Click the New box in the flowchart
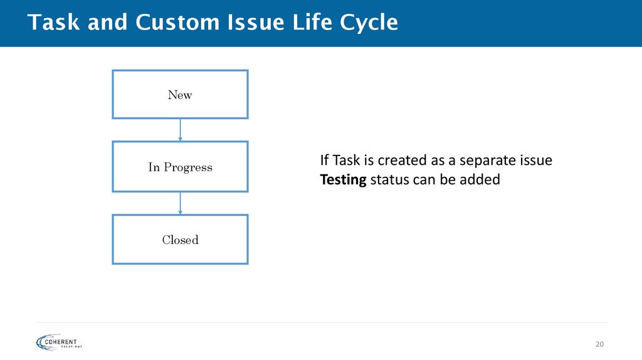[180, 95]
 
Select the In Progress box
[180, 167]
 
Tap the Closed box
[180, 240]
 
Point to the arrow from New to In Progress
[181, 130]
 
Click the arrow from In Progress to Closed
[181, 203]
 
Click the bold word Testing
[343, 180]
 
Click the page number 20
[599, 344]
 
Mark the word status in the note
[388, 180]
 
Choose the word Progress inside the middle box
[188, 167]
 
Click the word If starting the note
[324, 161]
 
